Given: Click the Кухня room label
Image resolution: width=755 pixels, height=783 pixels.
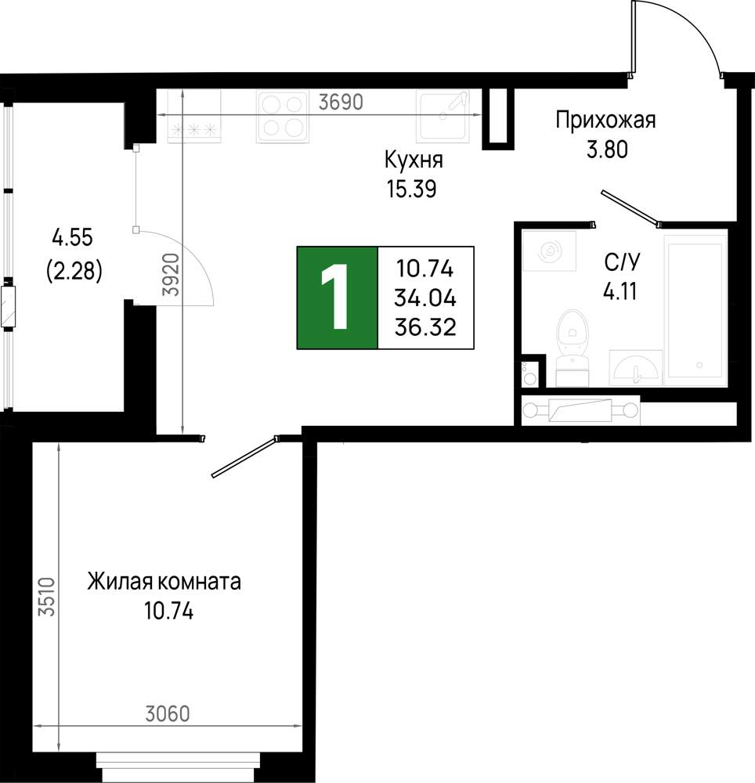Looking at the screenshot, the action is coord(414,161).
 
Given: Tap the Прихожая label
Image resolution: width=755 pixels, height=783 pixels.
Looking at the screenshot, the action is coord(605,121).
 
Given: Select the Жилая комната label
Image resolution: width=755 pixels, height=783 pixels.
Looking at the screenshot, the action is coord(164,582).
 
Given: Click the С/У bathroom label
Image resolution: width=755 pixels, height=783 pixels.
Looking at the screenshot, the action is coord(622,262).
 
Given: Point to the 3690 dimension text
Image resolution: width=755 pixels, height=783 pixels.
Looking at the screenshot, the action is coord(341,103).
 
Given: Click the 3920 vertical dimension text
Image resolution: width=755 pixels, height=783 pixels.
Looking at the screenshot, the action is coord(172,274).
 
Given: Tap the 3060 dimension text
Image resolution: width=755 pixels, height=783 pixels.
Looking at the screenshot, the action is coord(168,714).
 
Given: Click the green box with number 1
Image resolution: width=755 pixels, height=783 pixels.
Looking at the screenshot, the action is coord(338,298).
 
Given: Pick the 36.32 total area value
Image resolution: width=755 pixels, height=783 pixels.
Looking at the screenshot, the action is coord(425,327).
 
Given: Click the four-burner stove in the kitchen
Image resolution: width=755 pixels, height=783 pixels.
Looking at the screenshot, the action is coord(282,117).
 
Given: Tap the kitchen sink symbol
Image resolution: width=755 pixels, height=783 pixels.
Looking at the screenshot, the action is coord(443,116).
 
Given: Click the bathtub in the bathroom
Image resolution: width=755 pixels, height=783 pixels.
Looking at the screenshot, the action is coord(695,310).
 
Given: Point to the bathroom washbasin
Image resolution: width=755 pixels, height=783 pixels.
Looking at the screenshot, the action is coord(636,367).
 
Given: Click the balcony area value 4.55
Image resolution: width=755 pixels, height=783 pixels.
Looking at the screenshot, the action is coord(73,238).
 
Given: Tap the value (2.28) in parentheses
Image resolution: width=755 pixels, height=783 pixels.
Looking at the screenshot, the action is coord(74,272).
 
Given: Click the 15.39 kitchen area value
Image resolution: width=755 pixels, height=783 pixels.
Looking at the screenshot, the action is coord(411,189).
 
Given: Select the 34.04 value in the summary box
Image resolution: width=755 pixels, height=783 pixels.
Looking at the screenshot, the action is coord(425,298).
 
